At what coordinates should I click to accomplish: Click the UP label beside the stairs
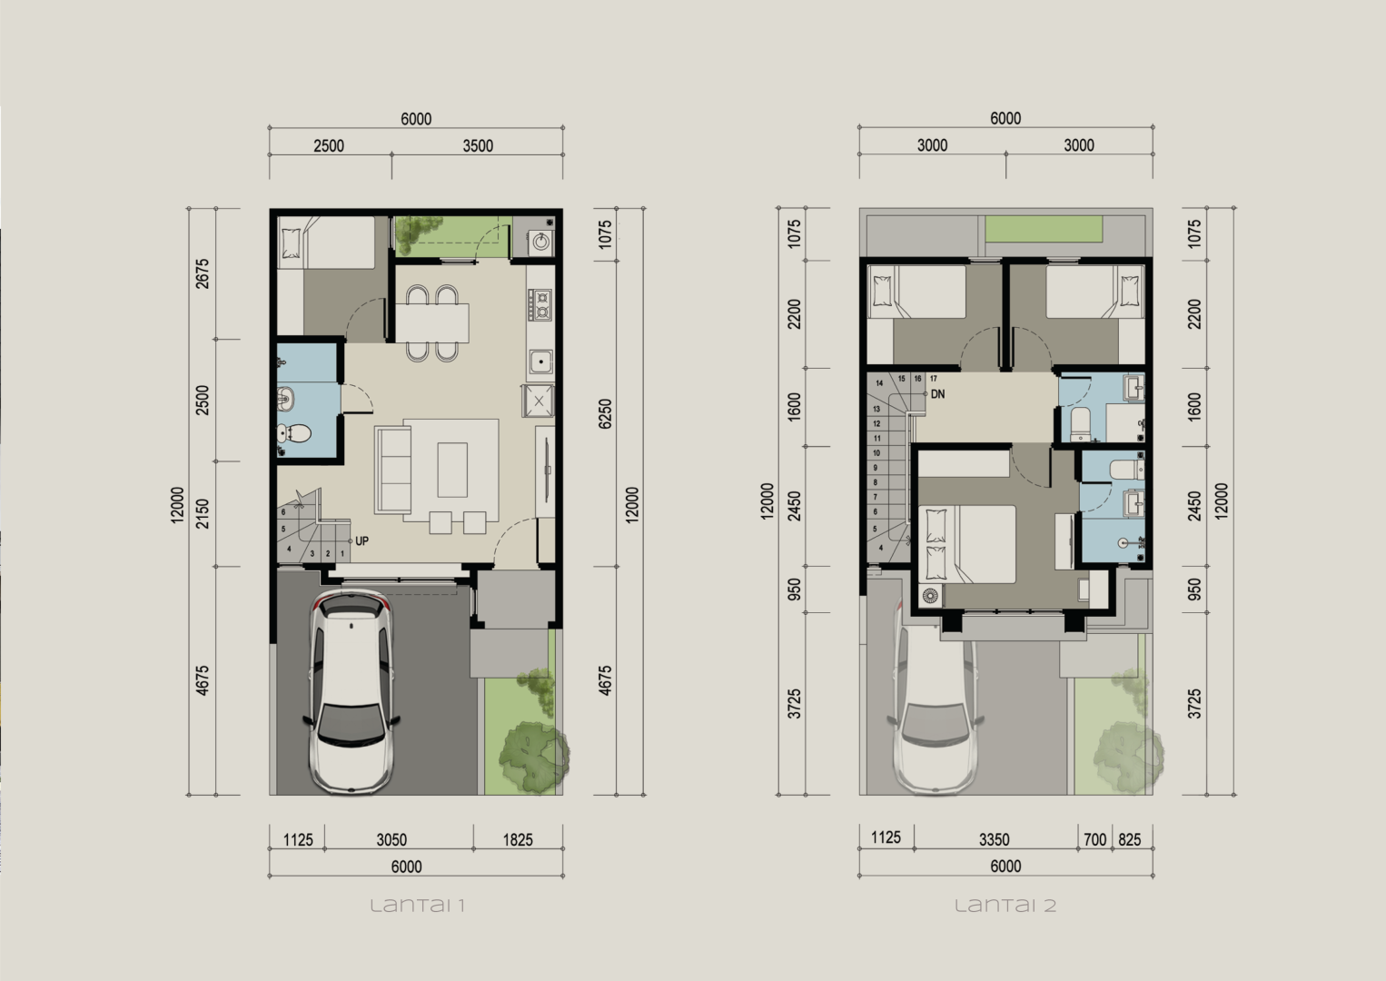[x=362, y=541]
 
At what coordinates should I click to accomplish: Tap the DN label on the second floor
[x=937, y=394]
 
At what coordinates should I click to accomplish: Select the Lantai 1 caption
[x=418, y=907]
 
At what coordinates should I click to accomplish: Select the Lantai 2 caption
[x=1005, y=907]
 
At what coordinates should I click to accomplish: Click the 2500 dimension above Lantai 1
[x=329, y=146]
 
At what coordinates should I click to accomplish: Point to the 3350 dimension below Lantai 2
[x=995, y=840]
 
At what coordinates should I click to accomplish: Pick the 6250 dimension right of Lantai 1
[x=605, y=413]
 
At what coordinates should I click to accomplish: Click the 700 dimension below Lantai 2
[x=1094, y=840]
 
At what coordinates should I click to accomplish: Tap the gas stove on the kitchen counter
[x=540, y=304]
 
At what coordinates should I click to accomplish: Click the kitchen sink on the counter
[x=540, y=362]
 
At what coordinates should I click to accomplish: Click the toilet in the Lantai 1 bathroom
[x=294, y=433]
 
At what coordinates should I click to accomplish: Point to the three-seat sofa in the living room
[x=393, y=469]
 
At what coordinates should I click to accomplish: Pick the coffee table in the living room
[x=452, y=470]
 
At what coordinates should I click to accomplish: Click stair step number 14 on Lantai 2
[x=879, y=383]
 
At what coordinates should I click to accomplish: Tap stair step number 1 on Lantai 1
[x=342, y=553]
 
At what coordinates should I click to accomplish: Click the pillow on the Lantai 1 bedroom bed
[x=292, y=243]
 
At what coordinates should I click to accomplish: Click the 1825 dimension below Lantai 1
[x=518, y=840]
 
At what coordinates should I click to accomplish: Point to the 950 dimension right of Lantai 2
[x=1194, y=590]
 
